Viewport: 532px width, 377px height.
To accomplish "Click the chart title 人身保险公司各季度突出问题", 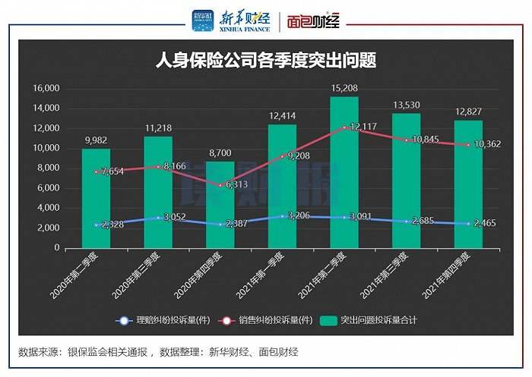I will point(266,60).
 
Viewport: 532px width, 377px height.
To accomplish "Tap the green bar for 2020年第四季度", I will point(220,205).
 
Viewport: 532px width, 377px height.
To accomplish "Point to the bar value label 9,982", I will point(96,140).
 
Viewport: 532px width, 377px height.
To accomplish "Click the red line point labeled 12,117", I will point(344,127).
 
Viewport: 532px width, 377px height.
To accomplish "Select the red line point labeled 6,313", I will point(220,185).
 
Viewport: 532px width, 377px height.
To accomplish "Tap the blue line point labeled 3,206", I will point(282,216).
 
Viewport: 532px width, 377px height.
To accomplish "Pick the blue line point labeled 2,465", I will point(468,224).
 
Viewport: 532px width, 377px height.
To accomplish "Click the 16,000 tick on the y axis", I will point(46,88).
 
